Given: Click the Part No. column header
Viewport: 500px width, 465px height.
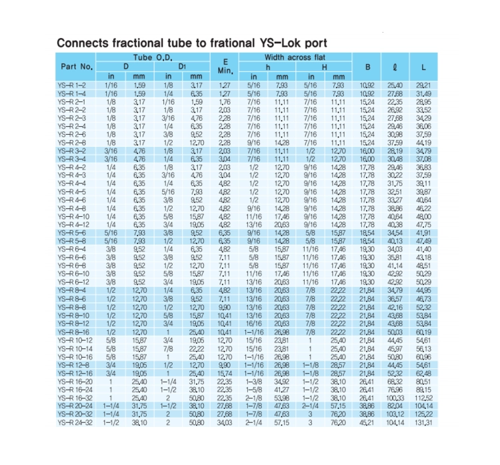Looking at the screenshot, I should click(77, 67).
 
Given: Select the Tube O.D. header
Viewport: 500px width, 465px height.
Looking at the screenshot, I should click(153, 58).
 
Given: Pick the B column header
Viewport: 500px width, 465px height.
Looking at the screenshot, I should click(367, 67).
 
